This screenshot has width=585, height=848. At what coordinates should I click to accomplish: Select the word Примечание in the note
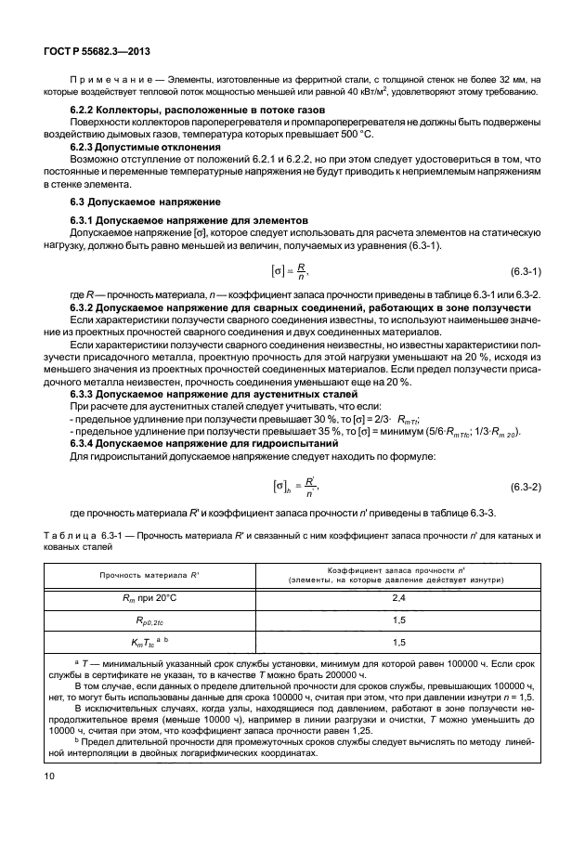[110, 84]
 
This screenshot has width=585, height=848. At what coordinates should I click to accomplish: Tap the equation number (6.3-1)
[526, 270]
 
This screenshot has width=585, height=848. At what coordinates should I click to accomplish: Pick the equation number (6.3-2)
[526, 460]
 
